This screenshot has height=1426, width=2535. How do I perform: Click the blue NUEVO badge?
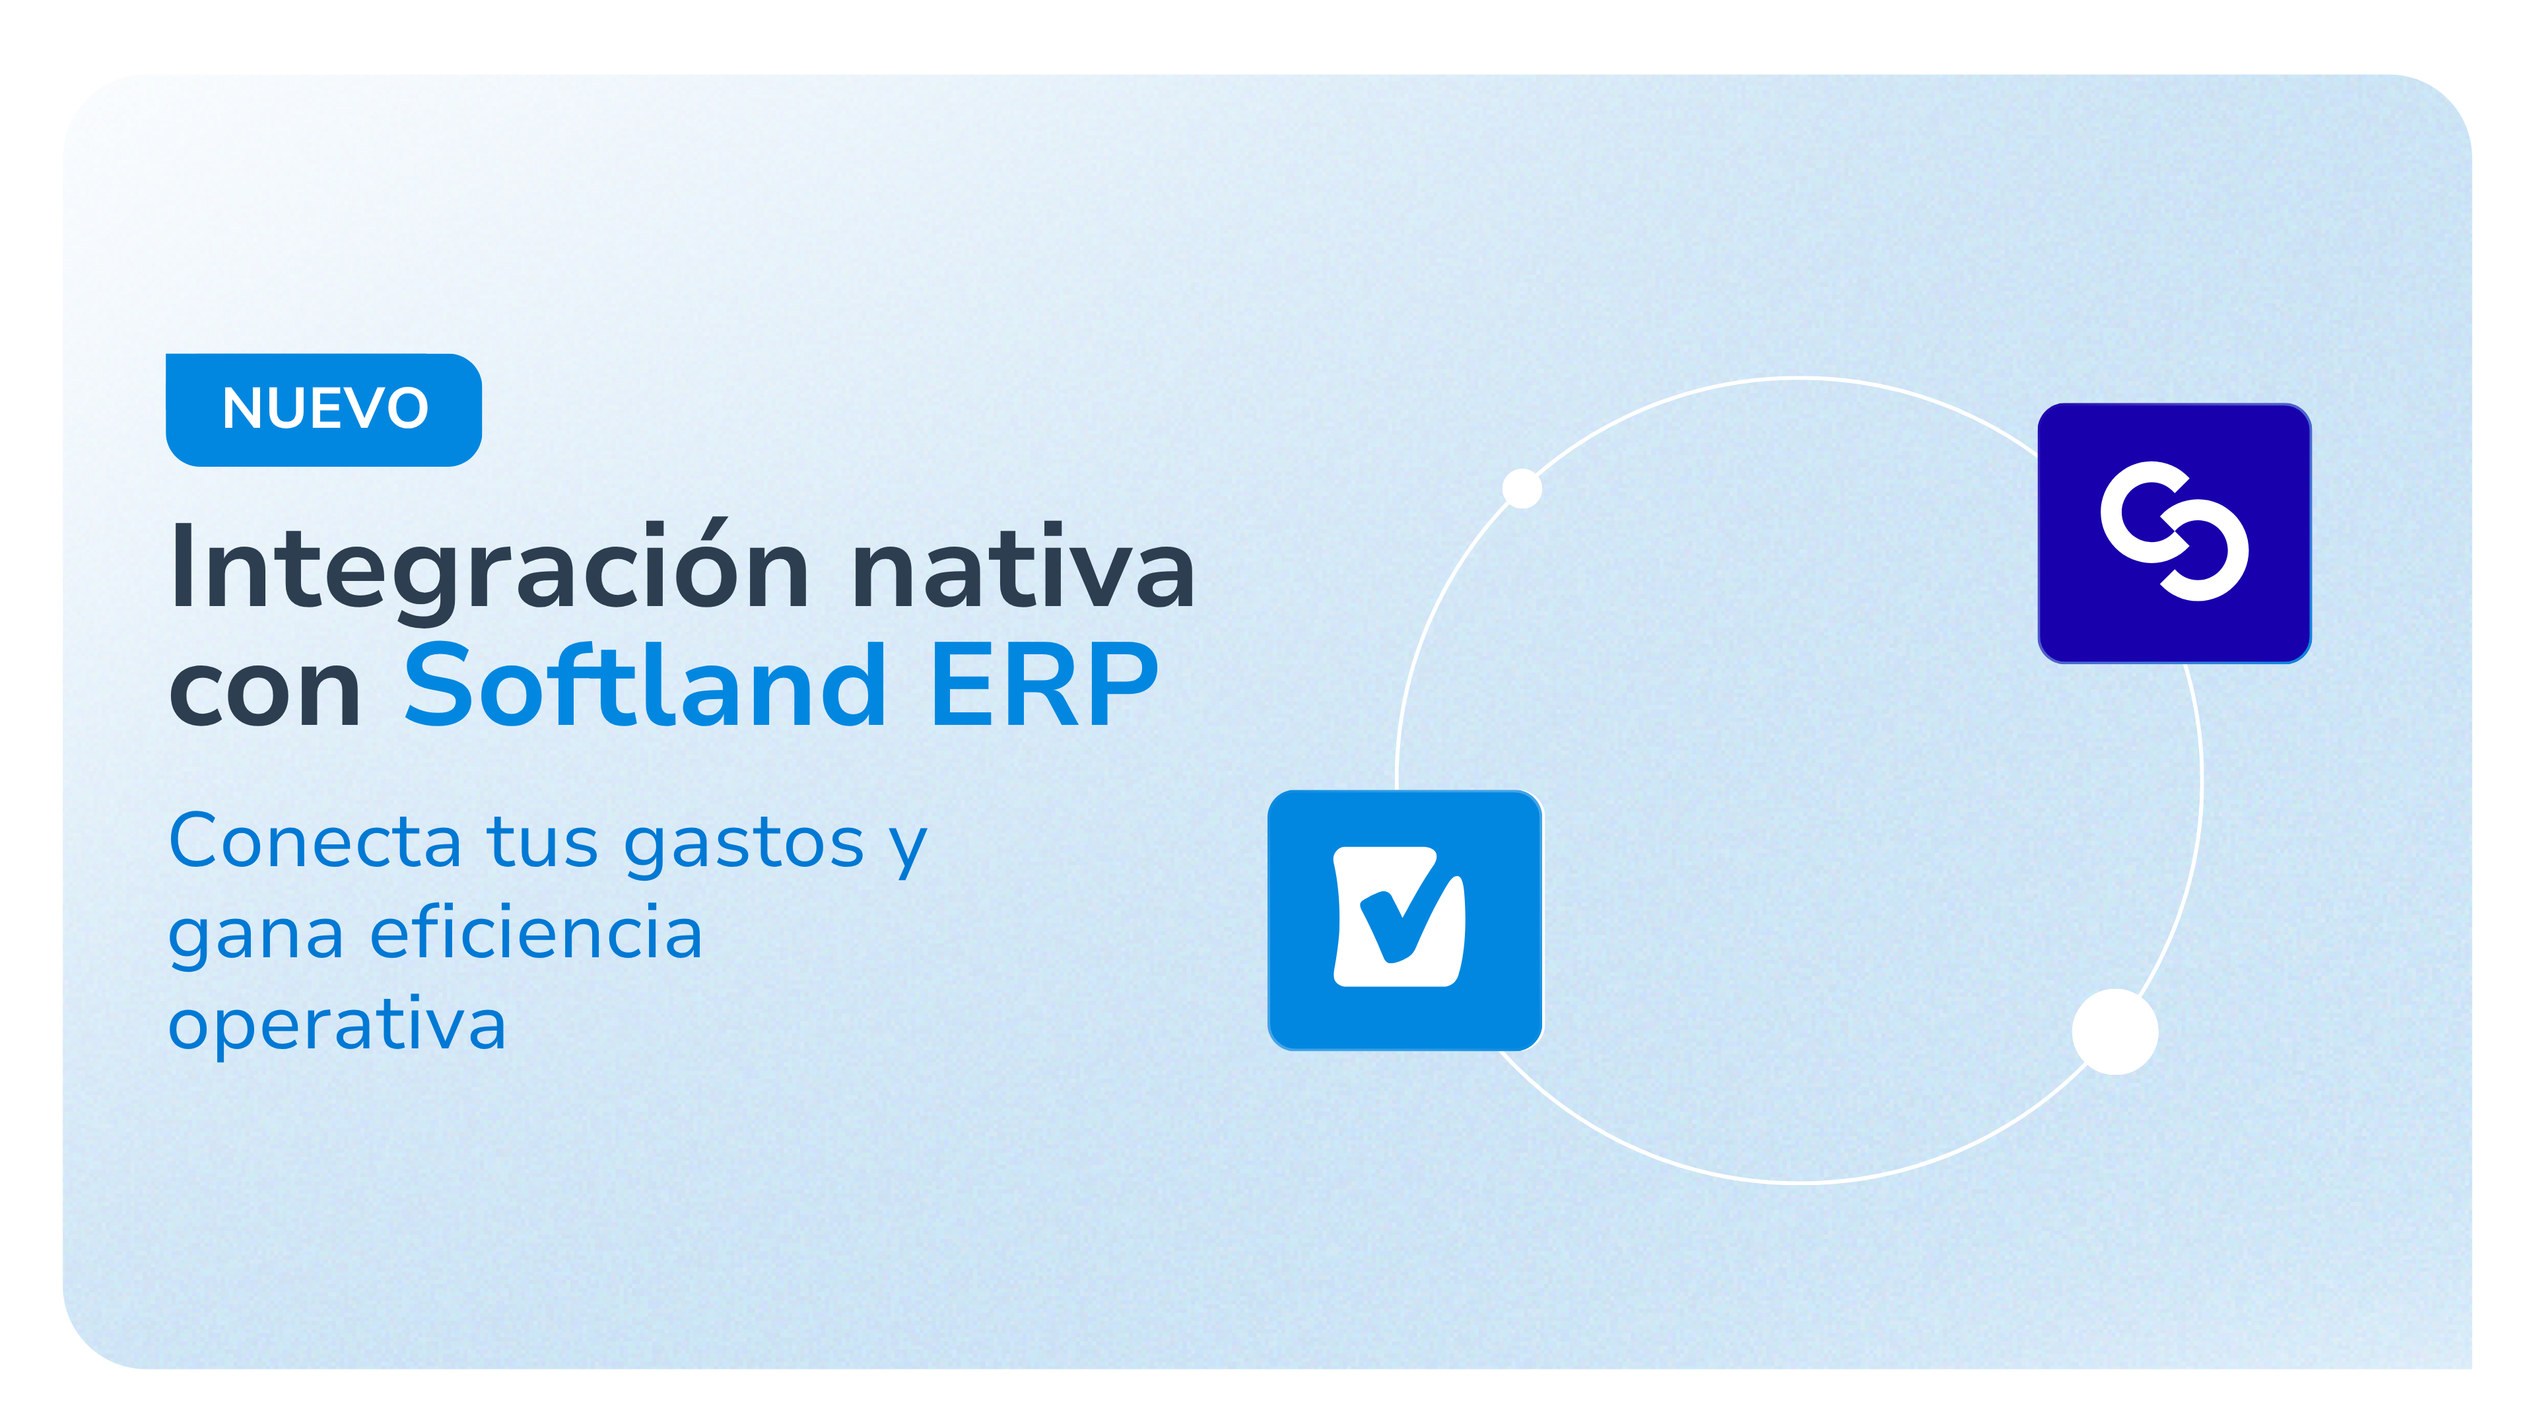(x=323, y=409)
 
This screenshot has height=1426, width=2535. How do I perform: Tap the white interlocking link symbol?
(x=2174, y=531)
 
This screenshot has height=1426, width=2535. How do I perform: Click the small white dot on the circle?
(x=1522, y=488)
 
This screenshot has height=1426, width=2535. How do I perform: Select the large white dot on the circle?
(x=2114, y=1031)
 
